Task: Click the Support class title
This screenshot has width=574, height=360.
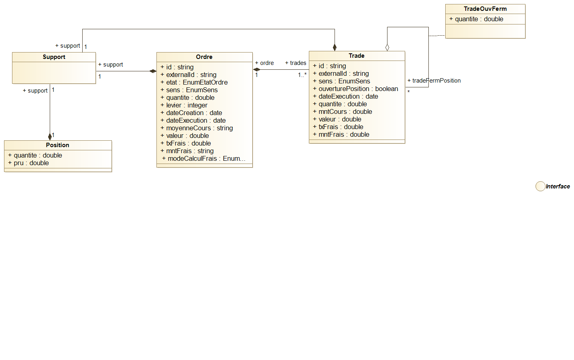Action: [x=54, y=57]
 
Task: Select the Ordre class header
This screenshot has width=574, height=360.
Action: [x=204, y=57]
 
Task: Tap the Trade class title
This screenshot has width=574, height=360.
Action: [x=357, y=56]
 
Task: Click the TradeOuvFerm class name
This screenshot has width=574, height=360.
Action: [x=485, y=9]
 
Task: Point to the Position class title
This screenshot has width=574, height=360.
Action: [x=57, y=145]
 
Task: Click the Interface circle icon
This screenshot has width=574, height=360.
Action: [x=540, y=186]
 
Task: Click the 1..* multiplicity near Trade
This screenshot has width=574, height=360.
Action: [x=302, y=75]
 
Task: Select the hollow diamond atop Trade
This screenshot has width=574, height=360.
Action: [x=387, y=47]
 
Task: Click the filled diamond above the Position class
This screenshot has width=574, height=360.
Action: [x=50, y=136]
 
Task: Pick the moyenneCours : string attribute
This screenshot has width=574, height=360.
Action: [x=199, y=128]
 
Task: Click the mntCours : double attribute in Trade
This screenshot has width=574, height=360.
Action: [x=345, y=111]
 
